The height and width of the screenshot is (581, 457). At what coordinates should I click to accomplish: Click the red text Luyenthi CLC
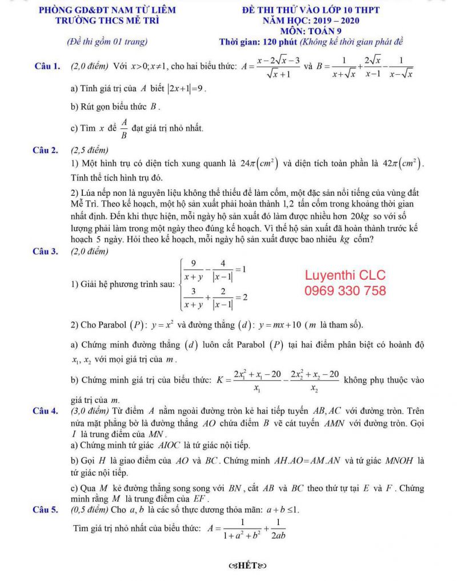[345, 275]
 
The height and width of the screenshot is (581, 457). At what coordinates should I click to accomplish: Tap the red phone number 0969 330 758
[345, 291]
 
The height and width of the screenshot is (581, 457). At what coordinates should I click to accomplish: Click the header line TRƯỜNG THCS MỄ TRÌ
[107, 21]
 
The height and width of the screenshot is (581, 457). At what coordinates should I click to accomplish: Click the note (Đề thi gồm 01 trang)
[107, 42]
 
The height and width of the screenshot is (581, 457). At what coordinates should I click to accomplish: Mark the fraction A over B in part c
[123, 126]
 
